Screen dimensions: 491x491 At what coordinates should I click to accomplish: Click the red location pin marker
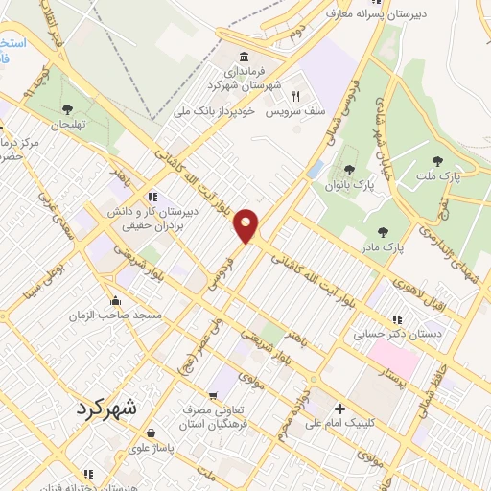[247, 225]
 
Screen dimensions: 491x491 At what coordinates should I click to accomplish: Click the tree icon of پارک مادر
[384, 232]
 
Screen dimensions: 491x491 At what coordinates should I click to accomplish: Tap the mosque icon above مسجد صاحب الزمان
[116, 299]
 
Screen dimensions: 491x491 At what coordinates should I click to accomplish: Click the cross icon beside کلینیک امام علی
[339, 409]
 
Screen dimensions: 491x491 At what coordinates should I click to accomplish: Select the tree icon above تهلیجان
[66, 109]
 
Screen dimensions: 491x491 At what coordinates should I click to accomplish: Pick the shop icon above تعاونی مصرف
[215, 393]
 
